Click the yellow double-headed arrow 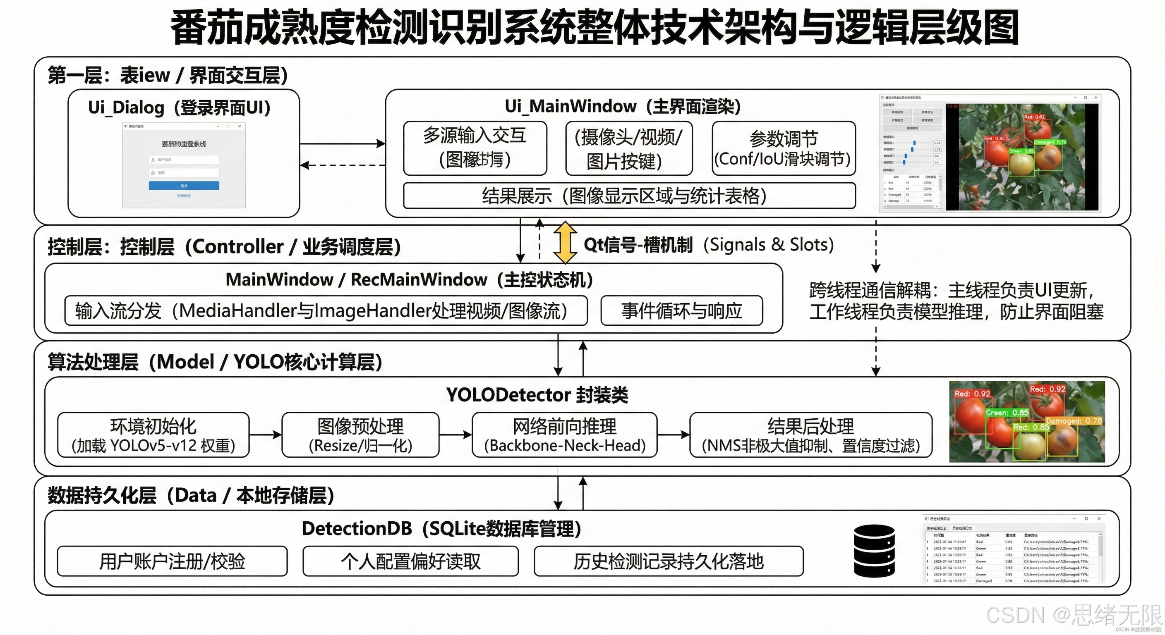click(565, 242)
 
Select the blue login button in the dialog click(184, 185)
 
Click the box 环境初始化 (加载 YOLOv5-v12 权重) click(153, 435)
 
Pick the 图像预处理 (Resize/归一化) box click(360, 435)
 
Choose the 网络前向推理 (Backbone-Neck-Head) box click(564, 435)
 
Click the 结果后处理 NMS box click(810, 435)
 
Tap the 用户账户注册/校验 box click(172, 561)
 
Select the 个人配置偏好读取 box click(411, 561)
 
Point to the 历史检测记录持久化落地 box click(669, 561)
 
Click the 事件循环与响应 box click(681, 310)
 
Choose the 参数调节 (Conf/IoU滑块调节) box click(783, 148)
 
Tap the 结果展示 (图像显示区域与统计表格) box click(629, 196)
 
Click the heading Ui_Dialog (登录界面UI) click(180, 107)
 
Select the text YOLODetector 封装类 click(537, 394)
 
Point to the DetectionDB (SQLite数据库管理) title click(441, 528)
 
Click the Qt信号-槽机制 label click(638, 244)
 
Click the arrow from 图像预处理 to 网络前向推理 click(455, 435)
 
